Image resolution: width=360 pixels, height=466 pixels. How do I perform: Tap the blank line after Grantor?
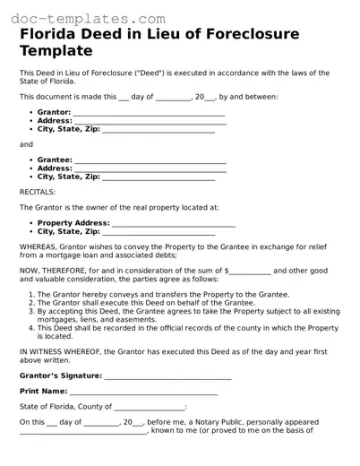[x=149, y=113]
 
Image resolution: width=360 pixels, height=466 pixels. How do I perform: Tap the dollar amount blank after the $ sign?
[x=251, y=270]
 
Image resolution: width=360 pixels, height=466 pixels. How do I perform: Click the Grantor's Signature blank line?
[x=167, y=376]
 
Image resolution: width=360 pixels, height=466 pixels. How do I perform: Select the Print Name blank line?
[x=143, y=392]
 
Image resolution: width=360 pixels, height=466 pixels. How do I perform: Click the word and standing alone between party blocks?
[x=26, y=144]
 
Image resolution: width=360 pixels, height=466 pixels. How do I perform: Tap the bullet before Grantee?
[x=30, y=160]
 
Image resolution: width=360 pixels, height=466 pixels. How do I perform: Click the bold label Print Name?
[x=43, y=392]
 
